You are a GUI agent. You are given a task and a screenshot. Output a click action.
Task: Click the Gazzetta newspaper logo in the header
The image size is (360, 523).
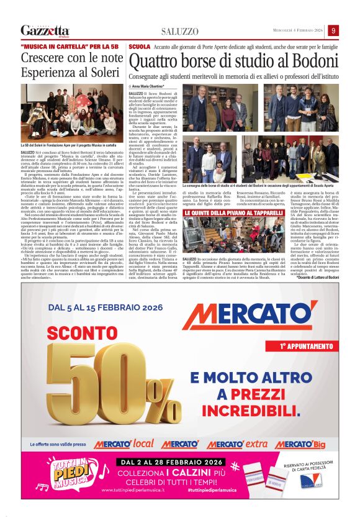45,30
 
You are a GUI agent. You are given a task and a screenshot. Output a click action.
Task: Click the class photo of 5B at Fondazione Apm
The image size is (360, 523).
72,112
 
